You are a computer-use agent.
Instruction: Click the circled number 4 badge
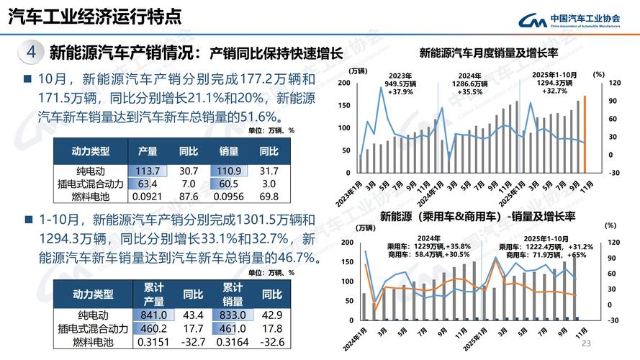(x=30, y=52)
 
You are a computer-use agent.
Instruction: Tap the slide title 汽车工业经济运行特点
(x=94, y=16)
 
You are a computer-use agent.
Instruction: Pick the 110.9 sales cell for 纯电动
(x=228, y=171)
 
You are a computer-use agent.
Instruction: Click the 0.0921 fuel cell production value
(x=148, y=197)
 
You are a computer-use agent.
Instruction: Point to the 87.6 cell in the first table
(x=189, y=197)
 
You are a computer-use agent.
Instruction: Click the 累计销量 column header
(x=232, y=294)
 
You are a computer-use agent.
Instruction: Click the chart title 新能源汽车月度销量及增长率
(x=489, y=52)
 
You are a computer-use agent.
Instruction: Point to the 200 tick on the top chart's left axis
(x=343, y=83)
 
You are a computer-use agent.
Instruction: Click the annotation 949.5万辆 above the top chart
(x=400, y=84)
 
